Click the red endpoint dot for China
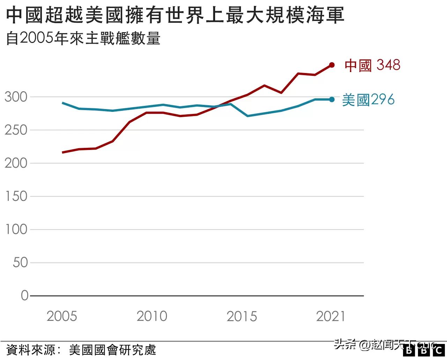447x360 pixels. click(x=332, y=65)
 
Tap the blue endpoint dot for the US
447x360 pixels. click(x=332, y=100)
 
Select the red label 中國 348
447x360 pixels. click(x=372, y=65)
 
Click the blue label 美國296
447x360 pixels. click(x=368, y=100)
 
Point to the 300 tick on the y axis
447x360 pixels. click(x=16, y=97)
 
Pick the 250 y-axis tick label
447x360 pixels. click(x=16, y=130)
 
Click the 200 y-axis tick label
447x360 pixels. click(x=16, y=163)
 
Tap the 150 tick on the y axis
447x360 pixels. click(x=16, y=196)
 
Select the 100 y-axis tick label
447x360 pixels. click(x=16, y=230)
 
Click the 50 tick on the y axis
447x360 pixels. click(x=20, y=263)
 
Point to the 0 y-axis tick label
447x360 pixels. click(x=24, y=296)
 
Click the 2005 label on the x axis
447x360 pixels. click(x=62, y=316)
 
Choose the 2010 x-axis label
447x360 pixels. click(x=152, y=316)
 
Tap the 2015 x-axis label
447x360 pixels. click(x=242, y=316)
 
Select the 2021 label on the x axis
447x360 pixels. click(x=331, y=316)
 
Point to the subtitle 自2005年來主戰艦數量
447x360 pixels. click(x=83, y=38)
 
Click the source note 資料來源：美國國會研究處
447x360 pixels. click(x=81, y=350)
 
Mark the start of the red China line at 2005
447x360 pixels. click(x=63, y=152)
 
